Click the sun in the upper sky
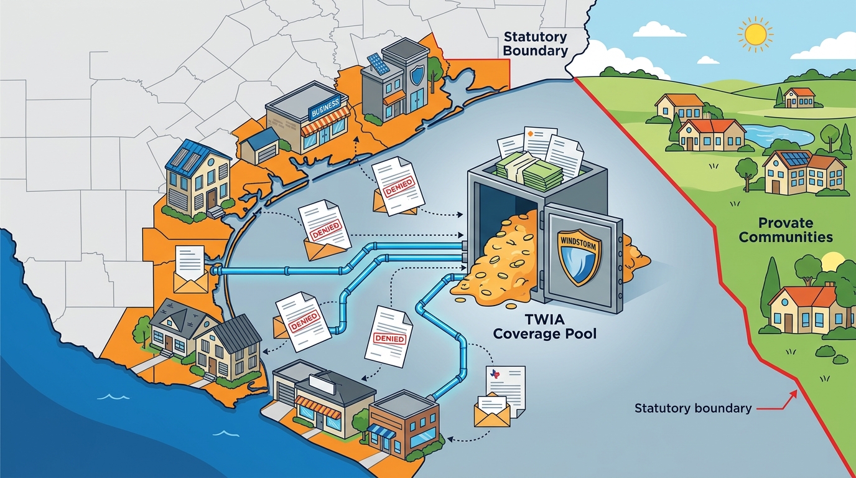(x=755, y=35)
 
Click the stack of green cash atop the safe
(x=529, y=172)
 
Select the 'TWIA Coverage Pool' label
(x=544, y=326)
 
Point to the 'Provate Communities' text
(x=786, y=230)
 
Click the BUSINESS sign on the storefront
(x=326, y=108)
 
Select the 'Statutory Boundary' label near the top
(x=536, y=44)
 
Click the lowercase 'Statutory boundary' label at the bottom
(x=693, y=408)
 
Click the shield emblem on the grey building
(x=417, y=75)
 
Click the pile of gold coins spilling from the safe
(x=497, y=264)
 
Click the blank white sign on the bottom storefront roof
(x=322, y=383)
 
